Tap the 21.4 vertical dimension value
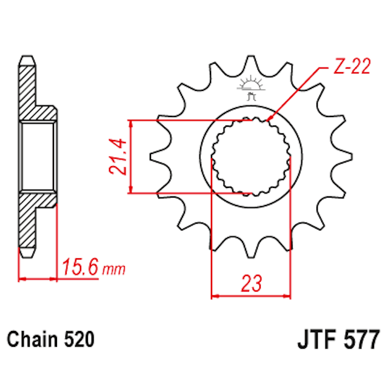coord(118,156)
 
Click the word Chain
coord(33,339)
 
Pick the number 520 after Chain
coord(79,339)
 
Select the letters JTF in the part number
coord(316,338)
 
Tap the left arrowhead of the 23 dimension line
coord(214,297)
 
